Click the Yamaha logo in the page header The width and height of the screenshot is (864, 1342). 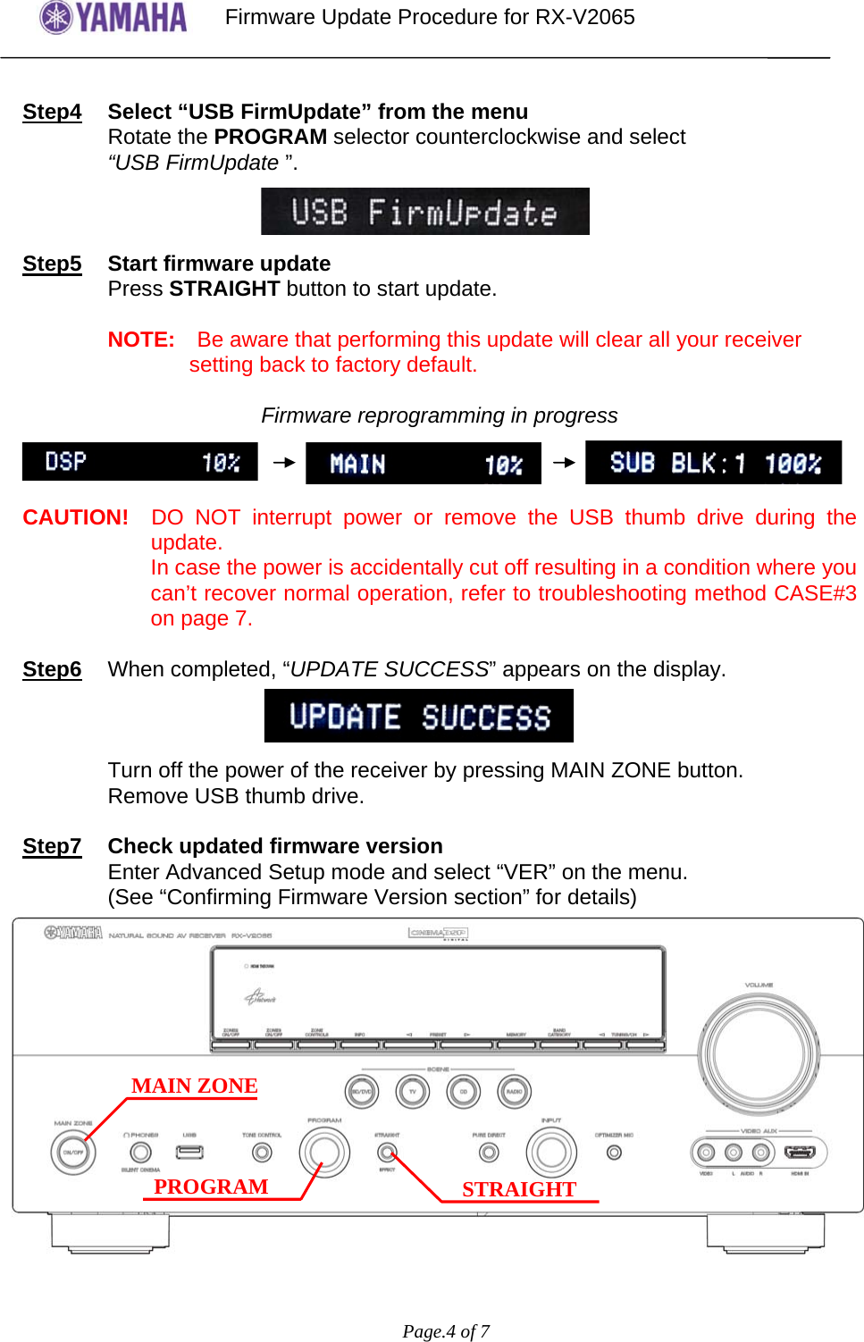pyautogui.click(x=113, y=17)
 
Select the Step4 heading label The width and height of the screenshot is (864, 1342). pyautogui.click(x=52, y=112)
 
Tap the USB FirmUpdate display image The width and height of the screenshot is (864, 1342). pyautogui.click(x=424, y=212)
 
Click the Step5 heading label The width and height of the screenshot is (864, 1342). pyautogui.click(x=52, y=264)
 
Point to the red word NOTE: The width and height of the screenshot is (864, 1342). pyautogui.click(x=141, y=340)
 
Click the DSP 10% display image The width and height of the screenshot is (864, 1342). pyautogui.click(x=140, y=462)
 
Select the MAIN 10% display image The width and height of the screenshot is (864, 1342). pyautogui.click(x=424, y=464)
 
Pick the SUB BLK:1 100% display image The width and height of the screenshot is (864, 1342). pyautogui.click(x=713, y=463)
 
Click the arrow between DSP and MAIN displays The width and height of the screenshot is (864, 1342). pyautogui.click(x=283, y=462)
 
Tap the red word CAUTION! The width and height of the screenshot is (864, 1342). pyautogui.click(x=76, y=517)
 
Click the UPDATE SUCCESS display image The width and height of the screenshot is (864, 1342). pyautogui.click(x=419, y=716)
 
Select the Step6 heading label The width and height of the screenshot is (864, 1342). pyautogui.click(x=52, y=669)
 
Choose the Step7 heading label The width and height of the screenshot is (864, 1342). pyautogui.click(x=52, y=846)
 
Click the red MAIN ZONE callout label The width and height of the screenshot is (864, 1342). pyautogui.click(x=194, y=1086)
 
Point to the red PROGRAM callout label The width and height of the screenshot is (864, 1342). pyautogui.click(x=211, y=1187)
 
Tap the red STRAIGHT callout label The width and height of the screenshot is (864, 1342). pyautogui.click(x=519, y=1189)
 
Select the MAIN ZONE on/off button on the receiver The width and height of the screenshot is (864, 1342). pyautogui.click(x=72, y=1152)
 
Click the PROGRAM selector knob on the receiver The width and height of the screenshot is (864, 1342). pyautogui.click(x=324, y=1152)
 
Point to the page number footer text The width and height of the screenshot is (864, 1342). pyautogui.click(x=446, y=1331)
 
